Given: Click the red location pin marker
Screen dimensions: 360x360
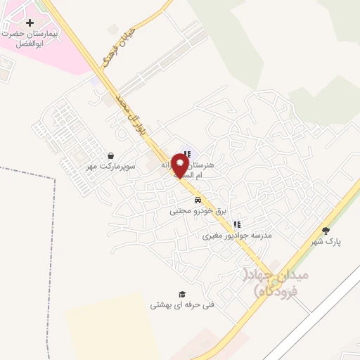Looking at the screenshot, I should click(x=180, y=165).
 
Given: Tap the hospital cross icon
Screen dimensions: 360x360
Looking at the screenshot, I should click(x=30, y=23).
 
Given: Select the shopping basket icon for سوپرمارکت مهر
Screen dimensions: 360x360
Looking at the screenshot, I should click(x=110, y=155).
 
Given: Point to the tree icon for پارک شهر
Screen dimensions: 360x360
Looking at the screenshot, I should click(x=325, y=230).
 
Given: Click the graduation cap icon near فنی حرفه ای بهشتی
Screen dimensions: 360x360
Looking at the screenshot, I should click(x=181, y=294).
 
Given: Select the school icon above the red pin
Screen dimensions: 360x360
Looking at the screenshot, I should click(x=186, y=154).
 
